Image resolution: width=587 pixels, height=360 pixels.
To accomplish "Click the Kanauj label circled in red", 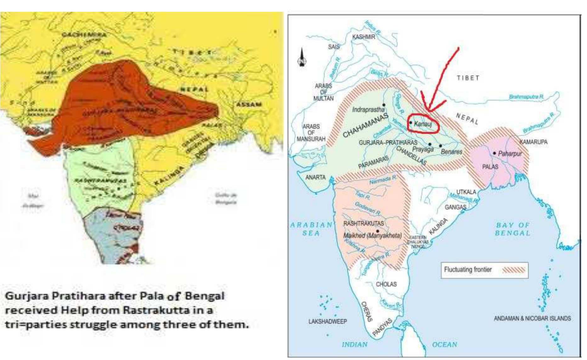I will tap(423, 124).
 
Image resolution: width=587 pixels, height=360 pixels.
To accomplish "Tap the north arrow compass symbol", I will tap(302, 58).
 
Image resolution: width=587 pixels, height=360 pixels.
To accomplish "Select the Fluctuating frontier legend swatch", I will tap(514, 270).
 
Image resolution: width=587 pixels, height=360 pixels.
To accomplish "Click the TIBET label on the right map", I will tap(468, 78).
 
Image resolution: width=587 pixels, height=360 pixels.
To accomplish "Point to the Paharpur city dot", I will tap(494, 153).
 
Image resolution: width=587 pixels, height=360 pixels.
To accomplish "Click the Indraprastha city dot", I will tap(384, 105).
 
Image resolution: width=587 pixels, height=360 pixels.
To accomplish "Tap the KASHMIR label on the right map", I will tap(363, 37).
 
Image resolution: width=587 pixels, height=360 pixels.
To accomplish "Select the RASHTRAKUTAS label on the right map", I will tap(363, 223).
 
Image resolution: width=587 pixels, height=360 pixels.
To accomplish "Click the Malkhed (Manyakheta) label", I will tap(372, 235).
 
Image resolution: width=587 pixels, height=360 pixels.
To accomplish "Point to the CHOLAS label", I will tap(386, 284).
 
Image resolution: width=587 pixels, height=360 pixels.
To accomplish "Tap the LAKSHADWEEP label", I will tap(328, 321).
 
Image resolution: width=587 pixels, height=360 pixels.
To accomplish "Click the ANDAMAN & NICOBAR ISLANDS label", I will tap(532, 318).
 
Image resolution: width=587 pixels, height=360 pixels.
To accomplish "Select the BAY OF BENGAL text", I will tap(513, 229).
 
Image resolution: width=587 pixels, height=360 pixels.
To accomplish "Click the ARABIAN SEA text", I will tap(311, 229).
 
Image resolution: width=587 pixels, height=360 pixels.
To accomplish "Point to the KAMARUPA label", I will tap(533, 142).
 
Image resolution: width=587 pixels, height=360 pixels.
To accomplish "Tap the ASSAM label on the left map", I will tap(249, 104).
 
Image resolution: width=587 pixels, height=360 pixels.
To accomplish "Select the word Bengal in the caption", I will tap(205, 296).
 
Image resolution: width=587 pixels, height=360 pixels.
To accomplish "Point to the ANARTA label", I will tap(315, 177).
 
